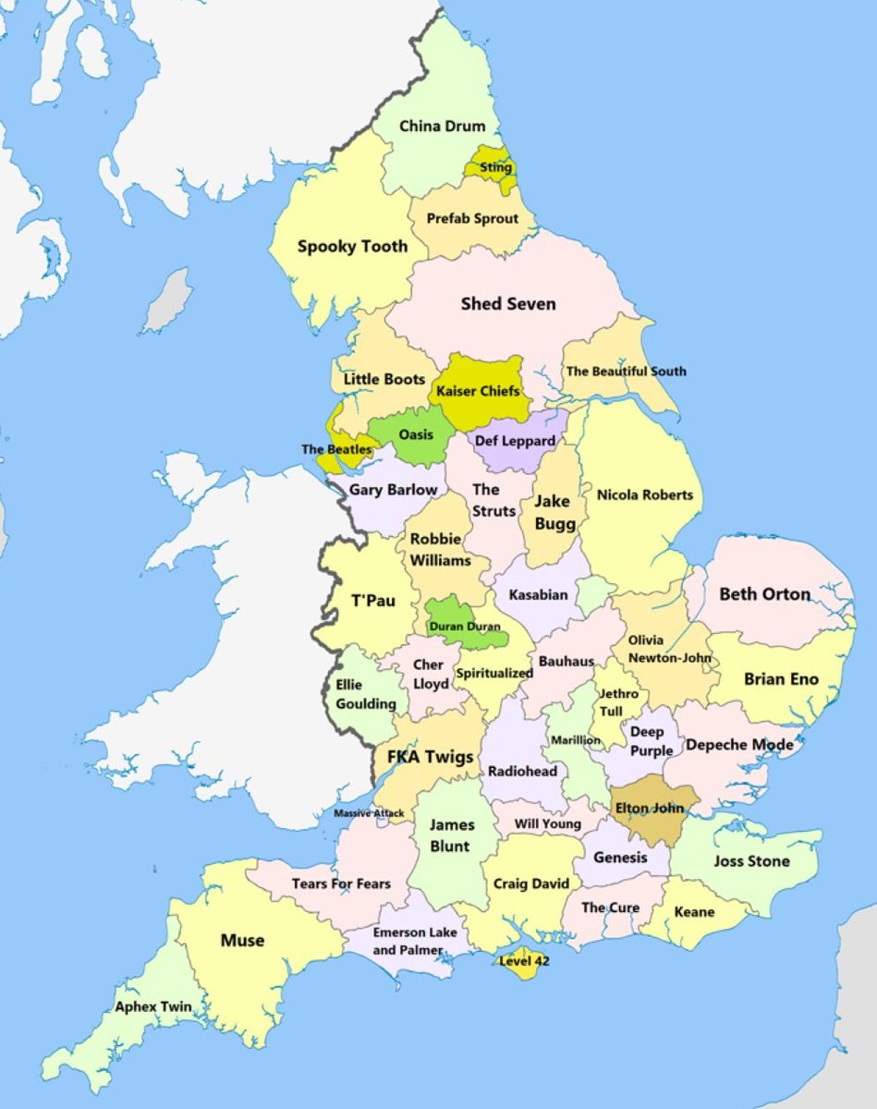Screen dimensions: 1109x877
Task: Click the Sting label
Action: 495,167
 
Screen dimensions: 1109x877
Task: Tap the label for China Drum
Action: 442,126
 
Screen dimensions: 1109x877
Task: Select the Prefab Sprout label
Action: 472,219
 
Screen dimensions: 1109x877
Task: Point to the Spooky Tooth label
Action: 351,246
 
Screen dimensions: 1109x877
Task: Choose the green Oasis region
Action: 415,433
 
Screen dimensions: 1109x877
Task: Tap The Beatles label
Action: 336,449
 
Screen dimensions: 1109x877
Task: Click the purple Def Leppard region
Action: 515,441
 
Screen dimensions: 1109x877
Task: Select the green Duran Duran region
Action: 465,626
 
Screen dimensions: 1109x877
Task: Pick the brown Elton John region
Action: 650,808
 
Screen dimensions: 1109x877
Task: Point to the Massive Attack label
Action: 369,813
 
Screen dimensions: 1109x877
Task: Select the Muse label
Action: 242,940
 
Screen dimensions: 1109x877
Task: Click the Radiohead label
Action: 521,771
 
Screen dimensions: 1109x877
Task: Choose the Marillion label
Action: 575,740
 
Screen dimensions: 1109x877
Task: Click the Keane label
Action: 694,912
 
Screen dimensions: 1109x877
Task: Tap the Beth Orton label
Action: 764,593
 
